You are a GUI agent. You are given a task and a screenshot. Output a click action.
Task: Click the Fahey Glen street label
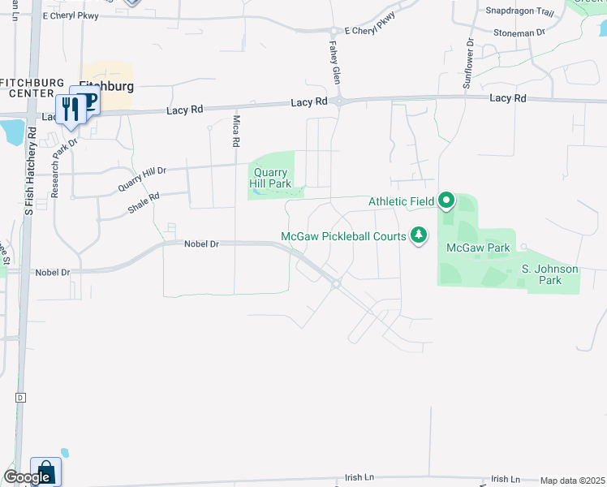[334, 62]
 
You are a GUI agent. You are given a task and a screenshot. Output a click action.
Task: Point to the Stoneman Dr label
[519, 32]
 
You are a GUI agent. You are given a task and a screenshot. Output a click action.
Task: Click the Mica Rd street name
[236, 131]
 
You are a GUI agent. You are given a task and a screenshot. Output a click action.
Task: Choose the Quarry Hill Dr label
[142, 179]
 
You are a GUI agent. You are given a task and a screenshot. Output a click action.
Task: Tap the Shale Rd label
[144, 202]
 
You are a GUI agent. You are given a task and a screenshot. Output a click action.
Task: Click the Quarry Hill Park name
[272, 178]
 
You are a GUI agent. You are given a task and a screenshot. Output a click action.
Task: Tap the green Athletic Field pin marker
[446, 200]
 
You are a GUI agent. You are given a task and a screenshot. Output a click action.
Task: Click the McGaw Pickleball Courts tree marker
[419, 235]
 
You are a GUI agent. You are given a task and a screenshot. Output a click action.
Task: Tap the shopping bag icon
[46, 472]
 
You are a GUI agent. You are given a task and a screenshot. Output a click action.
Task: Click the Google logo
[28, 477]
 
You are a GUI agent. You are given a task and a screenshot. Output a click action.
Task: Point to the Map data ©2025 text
[572, 481]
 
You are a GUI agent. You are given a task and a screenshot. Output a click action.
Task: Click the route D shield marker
[20, 398]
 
